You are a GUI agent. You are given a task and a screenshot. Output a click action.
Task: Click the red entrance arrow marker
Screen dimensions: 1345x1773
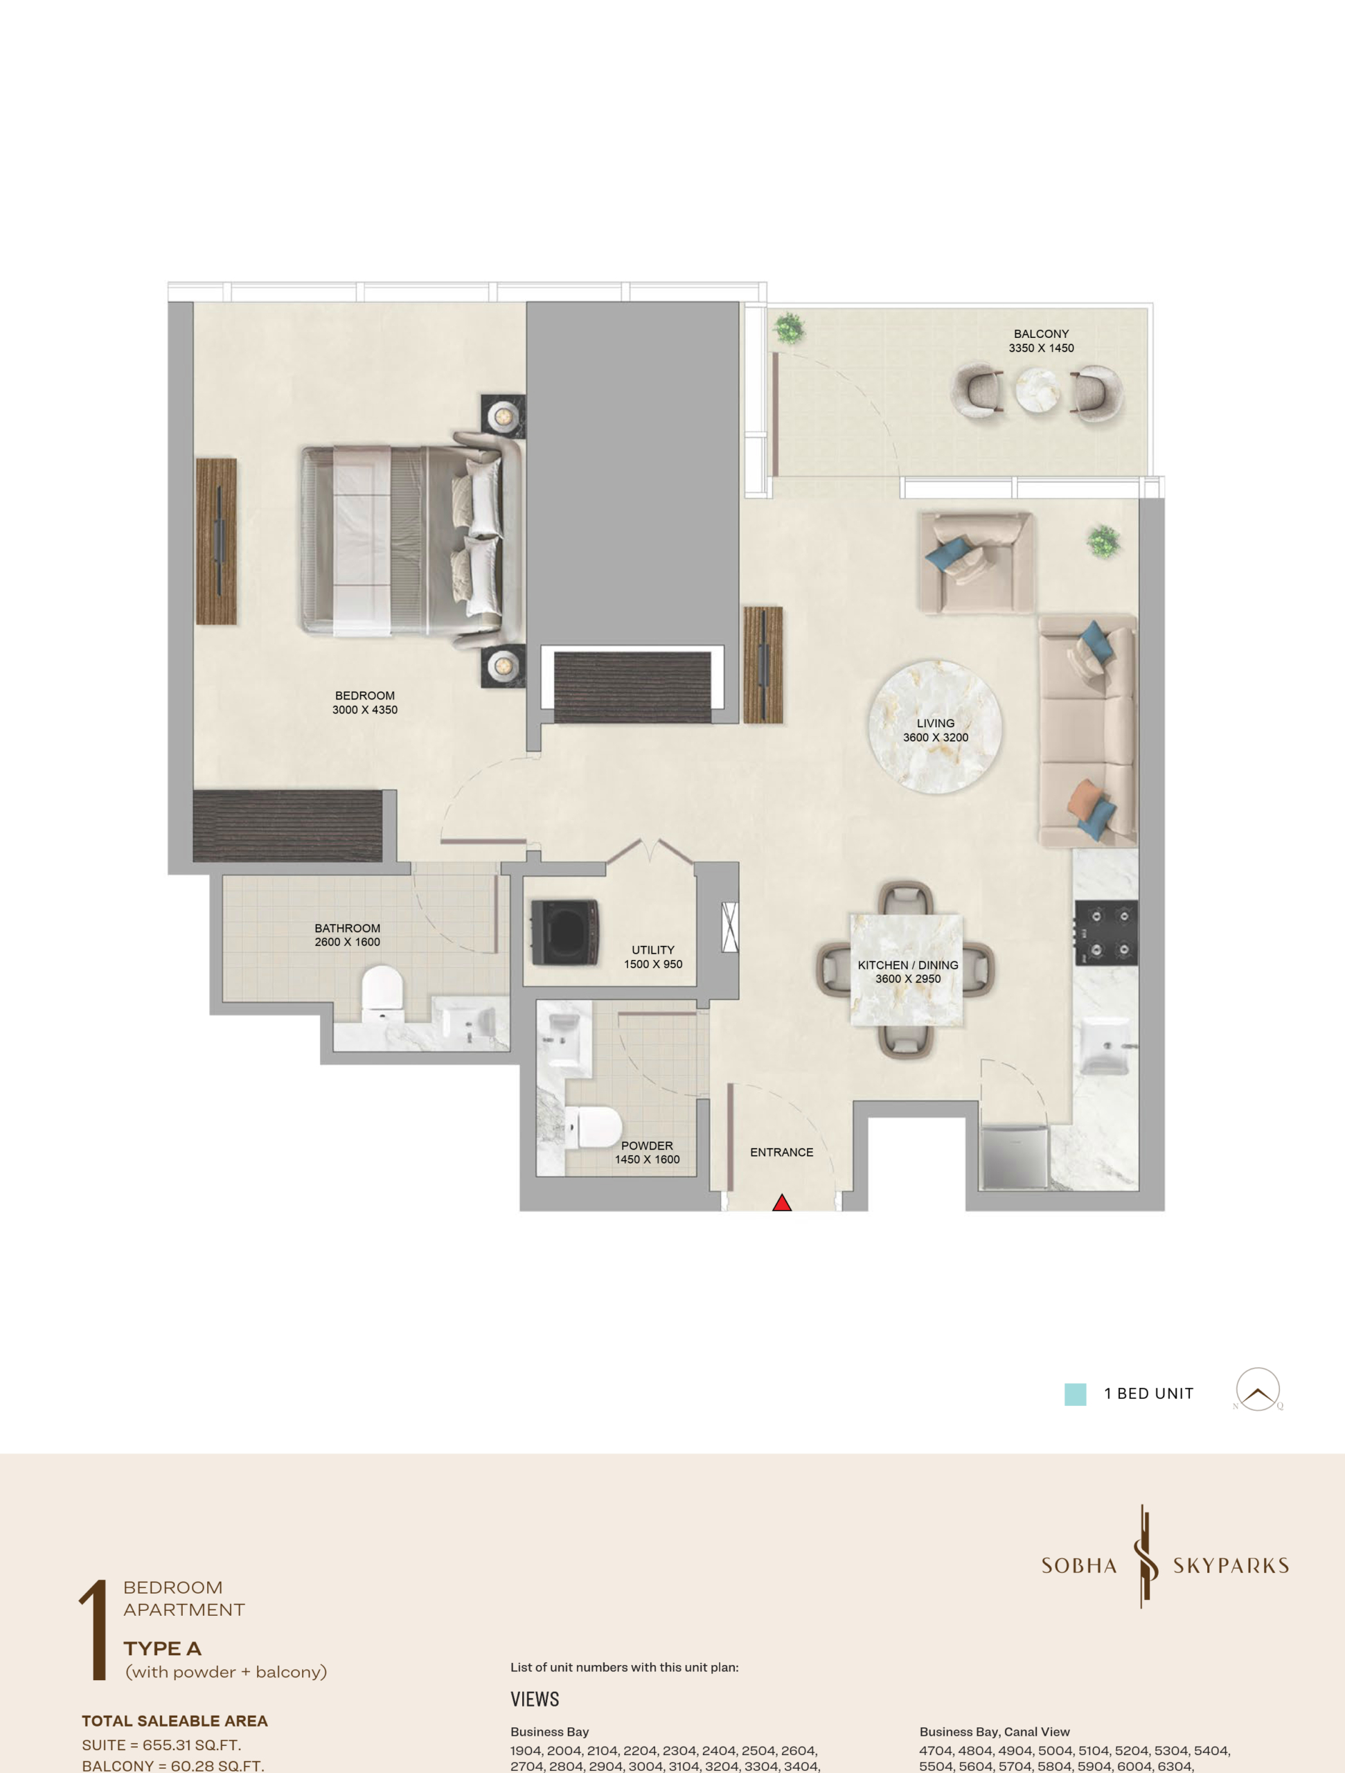(x=781, y=1202)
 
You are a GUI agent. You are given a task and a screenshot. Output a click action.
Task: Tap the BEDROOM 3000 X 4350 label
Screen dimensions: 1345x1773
(x=365, y=702)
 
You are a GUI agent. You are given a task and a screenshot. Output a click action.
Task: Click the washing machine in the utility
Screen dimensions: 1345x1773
(x=565, y=932)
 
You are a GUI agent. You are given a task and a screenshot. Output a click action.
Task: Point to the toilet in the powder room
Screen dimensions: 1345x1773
(x=592, y=1126)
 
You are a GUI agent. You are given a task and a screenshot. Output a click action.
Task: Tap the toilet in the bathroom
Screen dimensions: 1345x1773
(x=382, y=993)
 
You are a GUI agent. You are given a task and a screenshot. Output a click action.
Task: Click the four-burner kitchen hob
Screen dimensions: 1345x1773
(x=1106, y=933)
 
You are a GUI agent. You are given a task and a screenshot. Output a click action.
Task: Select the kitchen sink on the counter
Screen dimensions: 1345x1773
(x=1106, y=1045)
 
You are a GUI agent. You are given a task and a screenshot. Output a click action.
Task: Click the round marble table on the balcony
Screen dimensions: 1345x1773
(x=1038, y=391)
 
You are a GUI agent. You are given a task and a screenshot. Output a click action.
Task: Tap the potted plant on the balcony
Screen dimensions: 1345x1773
(x=790, y=327)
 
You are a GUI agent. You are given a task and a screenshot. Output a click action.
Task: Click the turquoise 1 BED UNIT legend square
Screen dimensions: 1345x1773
(x=1075, y=1394)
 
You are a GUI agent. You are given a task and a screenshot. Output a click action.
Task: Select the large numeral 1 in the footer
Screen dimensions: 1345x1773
(x=93, y=1630)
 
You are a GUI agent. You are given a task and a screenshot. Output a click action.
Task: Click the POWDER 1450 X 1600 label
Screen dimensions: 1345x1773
(x=647, y=1152)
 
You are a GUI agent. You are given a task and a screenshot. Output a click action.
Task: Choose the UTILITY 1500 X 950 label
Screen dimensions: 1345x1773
(x=653, y=957)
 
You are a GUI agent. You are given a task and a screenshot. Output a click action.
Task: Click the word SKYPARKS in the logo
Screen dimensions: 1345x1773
(x=1231, y=1565)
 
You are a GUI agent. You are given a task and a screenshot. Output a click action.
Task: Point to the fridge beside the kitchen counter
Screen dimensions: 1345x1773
(x=1014, y=1157)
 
